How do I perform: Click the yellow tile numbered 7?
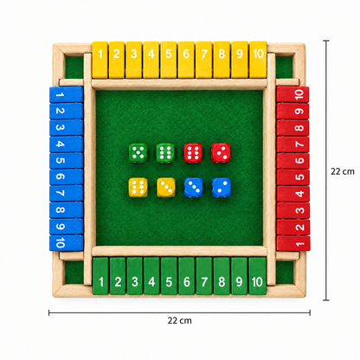[204, 60]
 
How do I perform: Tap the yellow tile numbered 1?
[100, 60]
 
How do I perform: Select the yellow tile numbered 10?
[258, 60]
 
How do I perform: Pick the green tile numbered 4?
[151, 276]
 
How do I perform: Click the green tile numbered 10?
[257, 276]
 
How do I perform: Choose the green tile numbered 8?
[222, 276]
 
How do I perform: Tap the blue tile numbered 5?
[67, 161]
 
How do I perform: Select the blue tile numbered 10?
[67, 243]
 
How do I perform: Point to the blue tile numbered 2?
[67, 111]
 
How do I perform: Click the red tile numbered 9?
[292, 112]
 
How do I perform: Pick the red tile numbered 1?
[293, 243]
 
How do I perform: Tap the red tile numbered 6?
[293, 161]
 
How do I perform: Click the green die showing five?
[138, 153]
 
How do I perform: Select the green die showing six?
[165, 153]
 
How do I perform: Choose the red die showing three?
[221, 153]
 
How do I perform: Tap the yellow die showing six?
[138, 188]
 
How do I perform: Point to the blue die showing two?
[222, 188]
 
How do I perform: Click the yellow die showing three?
[165, 188]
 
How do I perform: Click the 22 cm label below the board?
[179, 320]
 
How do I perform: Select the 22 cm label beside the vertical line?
[343, 171]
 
